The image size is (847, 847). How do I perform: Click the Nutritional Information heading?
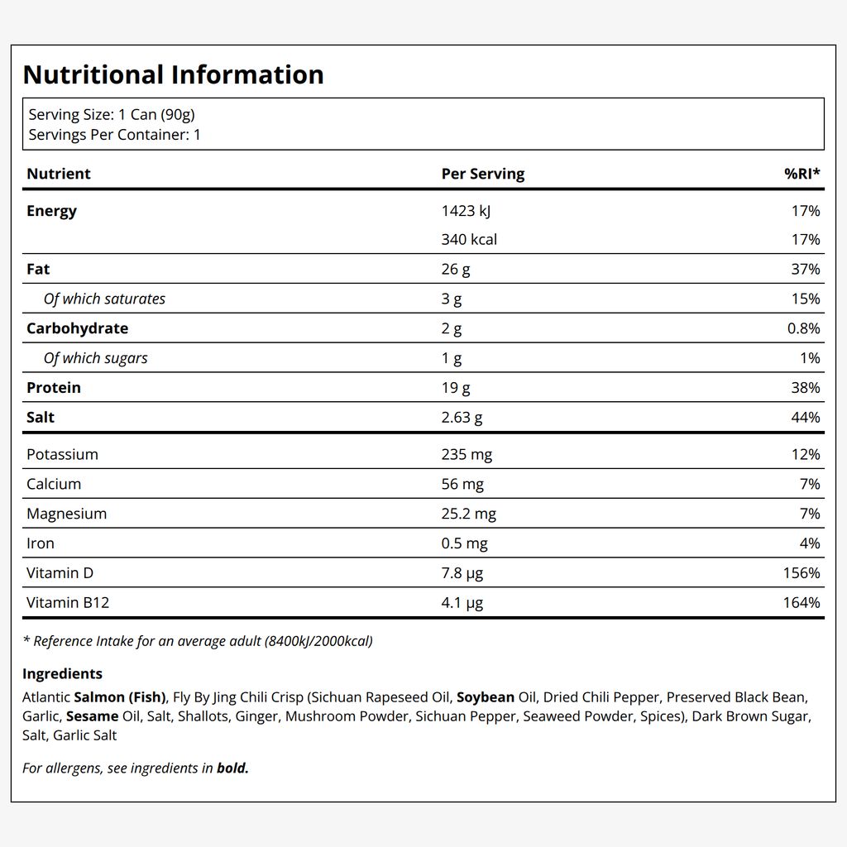[174, 74]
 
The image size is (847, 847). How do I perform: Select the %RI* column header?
[802, 174]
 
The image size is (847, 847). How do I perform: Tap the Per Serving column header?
[483, 174]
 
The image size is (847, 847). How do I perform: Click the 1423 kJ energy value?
[466, 211]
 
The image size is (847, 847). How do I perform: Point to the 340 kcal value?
[469, 239]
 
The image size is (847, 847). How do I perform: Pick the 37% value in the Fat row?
[806, 269]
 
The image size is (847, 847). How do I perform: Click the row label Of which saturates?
[104, 299]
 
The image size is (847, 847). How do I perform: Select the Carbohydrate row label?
[77, 328]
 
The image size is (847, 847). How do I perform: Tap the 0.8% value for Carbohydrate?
[803, 328]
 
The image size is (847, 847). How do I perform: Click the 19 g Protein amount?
[456, 388]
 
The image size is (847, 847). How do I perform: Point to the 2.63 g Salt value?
[462, 418]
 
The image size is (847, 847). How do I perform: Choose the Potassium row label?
[62, 454]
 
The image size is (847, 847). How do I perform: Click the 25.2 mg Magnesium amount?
[468, 514]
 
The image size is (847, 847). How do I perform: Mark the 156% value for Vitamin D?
[802, 572]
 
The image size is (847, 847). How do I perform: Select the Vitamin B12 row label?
[68, 602]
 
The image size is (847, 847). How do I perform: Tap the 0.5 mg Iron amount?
[464, 543]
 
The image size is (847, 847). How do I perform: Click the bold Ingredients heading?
[62, 674]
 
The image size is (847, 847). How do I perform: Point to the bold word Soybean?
[485, 697]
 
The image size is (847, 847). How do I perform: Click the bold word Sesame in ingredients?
[93, 716]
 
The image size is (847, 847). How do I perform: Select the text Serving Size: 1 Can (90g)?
[112, 114]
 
